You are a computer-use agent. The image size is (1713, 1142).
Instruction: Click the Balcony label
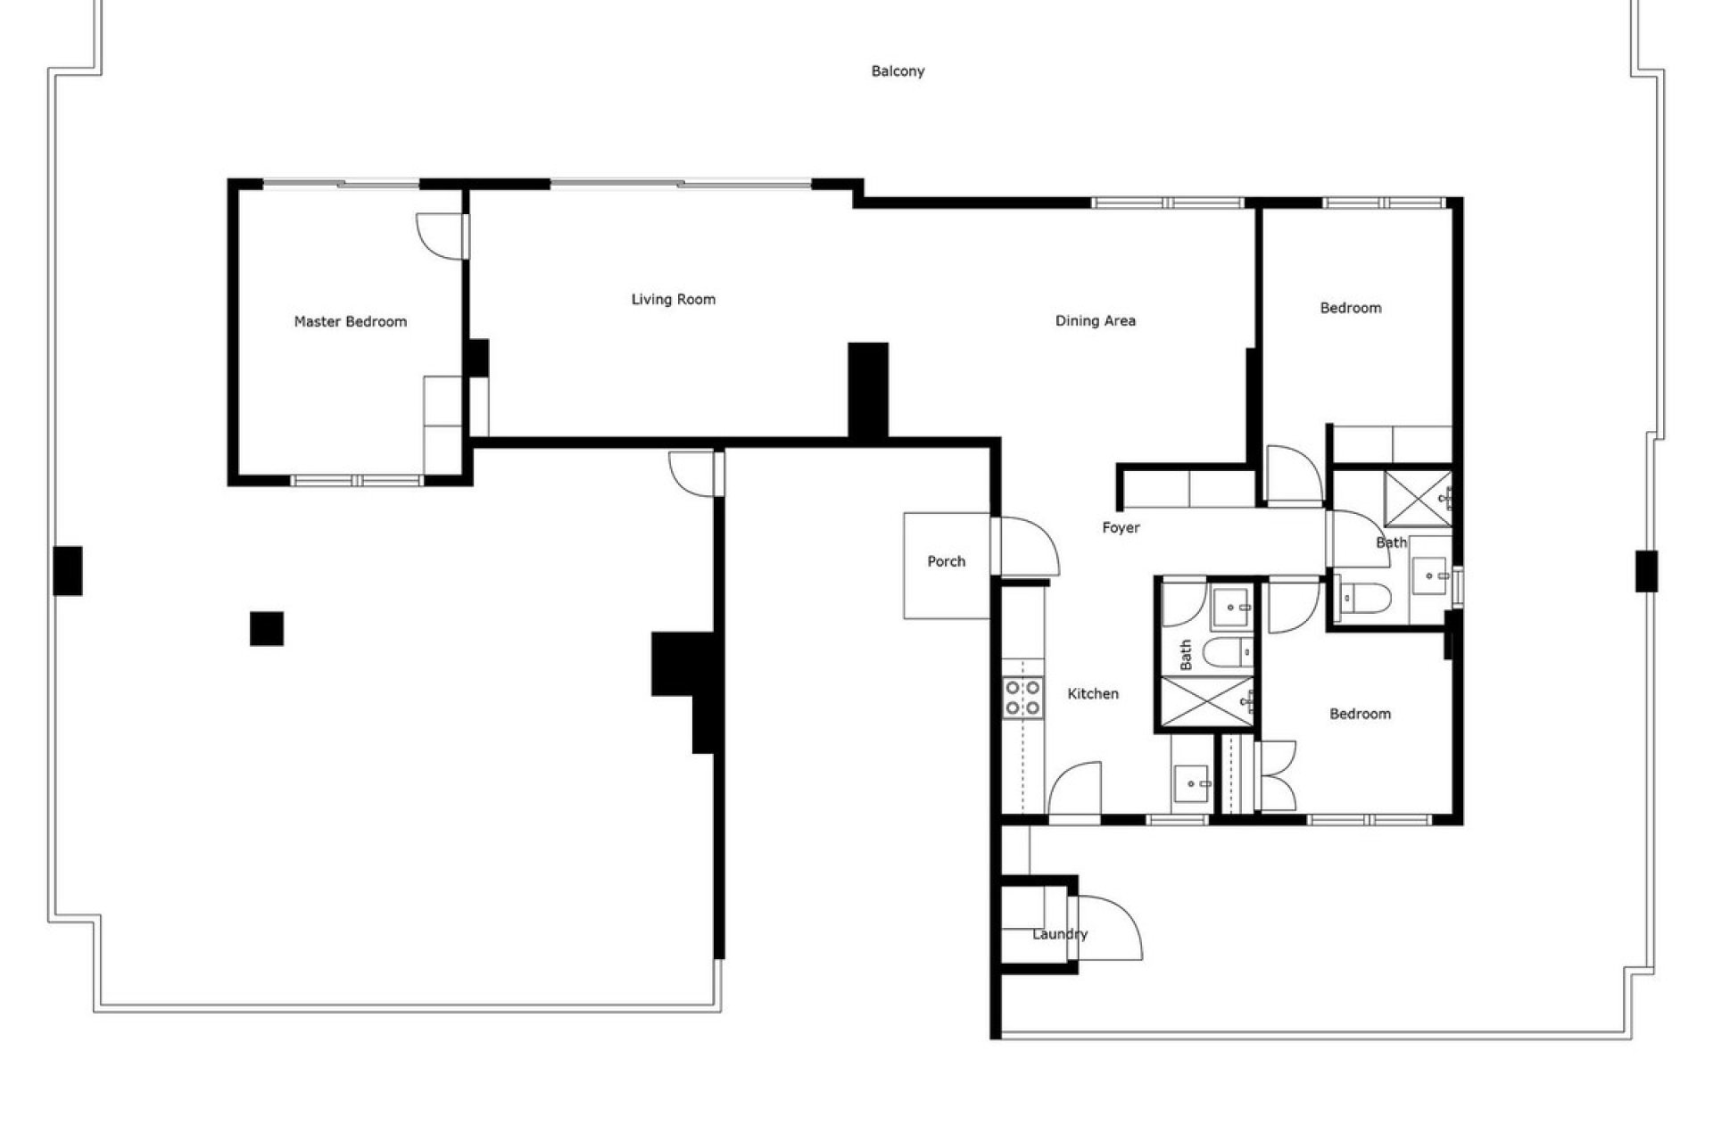(x=898, y=71)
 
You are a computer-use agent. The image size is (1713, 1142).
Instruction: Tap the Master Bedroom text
(x=351, y=321)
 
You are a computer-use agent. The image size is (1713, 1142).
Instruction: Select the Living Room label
(x=674, y=300)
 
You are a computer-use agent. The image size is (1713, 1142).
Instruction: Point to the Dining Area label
(x=1096, y=321)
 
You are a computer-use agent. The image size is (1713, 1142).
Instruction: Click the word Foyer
(x=1121, y=528)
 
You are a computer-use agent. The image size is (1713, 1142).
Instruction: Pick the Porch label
(x=946, y=561)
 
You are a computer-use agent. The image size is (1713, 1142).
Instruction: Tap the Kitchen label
(x=1093, y=693)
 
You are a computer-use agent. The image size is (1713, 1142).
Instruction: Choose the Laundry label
(x=1060, y=934)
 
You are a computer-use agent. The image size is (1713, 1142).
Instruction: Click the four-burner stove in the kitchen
(x=1022, y=698)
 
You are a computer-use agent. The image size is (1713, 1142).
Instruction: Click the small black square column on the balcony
(x=267, y=628)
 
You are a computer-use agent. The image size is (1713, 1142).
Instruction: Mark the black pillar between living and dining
(x=867, y=390)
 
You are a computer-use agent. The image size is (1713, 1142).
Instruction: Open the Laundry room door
(x=1109, y=928)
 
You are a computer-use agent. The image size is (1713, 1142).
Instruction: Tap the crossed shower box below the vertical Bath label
(x=1205, y=704)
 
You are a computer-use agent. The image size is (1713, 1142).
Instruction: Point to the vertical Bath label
(x=1186, y=655)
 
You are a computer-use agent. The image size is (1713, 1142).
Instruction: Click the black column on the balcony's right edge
(x=1646, y=571)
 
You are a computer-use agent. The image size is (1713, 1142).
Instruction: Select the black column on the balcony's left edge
(x=68, y=571)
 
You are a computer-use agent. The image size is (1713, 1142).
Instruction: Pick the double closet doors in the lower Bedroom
(x=1277, y=776)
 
